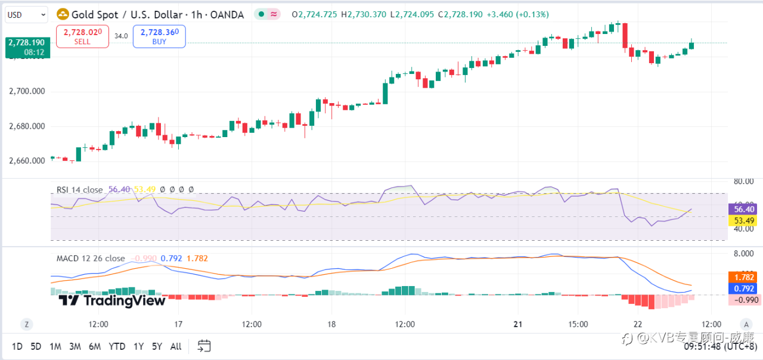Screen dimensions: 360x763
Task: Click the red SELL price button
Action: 82,36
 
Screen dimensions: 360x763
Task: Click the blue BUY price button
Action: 159,36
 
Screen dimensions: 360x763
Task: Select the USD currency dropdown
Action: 26,14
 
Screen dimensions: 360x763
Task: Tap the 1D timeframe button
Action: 17,346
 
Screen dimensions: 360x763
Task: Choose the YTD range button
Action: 117,346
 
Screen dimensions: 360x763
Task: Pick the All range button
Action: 176,346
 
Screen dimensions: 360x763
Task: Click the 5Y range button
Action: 157,346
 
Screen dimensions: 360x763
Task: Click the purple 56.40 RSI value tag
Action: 745,209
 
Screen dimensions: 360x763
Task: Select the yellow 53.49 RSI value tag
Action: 745,221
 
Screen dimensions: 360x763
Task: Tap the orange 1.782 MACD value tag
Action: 745,277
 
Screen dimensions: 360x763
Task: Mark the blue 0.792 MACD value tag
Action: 745,288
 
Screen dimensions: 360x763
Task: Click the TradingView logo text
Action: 113,300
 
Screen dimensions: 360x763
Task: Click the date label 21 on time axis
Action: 518,324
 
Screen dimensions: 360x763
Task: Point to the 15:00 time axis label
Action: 578,324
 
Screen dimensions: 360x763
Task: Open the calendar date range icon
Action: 204,346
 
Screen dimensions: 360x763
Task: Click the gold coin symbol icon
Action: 62,14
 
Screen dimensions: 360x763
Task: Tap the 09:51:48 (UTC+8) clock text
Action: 720,346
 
